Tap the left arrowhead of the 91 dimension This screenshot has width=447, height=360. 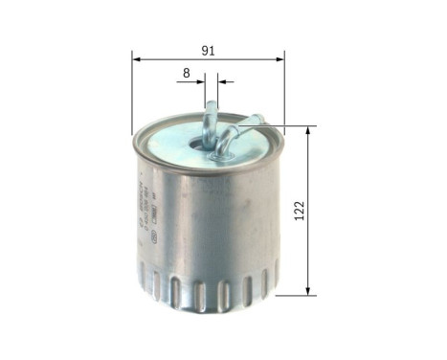(x=137, y=58)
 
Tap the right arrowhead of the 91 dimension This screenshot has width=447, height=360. (x=282, y=58)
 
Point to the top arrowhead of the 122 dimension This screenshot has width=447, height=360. (x=307, y=131)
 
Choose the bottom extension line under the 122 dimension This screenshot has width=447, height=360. (x=293, y=293)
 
